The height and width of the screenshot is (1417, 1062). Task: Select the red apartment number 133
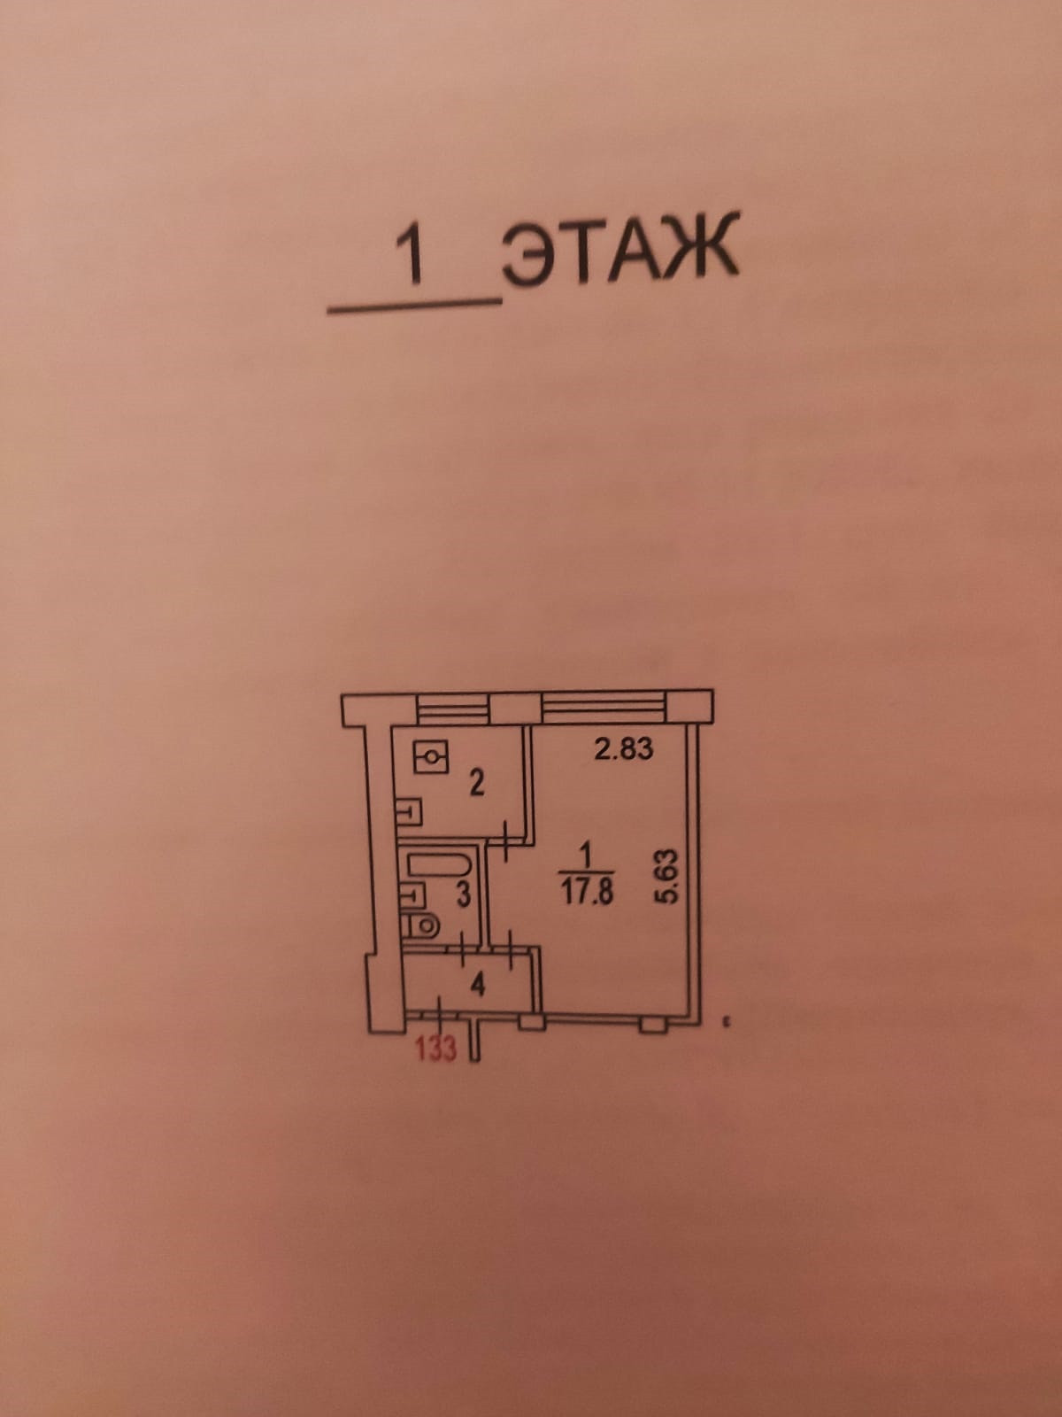pyautogui.click(x=435, y=1049)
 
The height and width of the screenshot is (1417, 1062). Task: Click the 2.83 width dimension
pyautogui.click(x=624, y=749)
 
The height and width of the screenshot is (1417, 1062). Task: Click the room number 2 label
pyautogui.click(x=476, y=784)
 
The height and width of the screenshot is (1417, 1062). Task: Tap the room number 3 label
pyautogui.click(x=462, y=895)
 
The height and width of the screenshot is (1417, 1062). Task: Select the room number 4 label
pyautogui.click(x=479, y=984)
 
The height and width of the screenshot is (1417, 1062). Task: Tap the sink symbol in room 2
pyautogui.click(x=409, y=810)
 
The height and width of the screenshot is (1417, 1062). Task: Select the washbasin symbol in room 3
pyautogui.click(x=411, y=895)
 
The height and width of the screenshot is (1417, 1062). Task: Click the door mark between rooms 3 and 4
pyautogui.click(x=466, y=949)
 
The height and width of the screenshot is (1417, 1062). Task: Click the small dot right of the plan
pyautogui.click(x=726, y=1023)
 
